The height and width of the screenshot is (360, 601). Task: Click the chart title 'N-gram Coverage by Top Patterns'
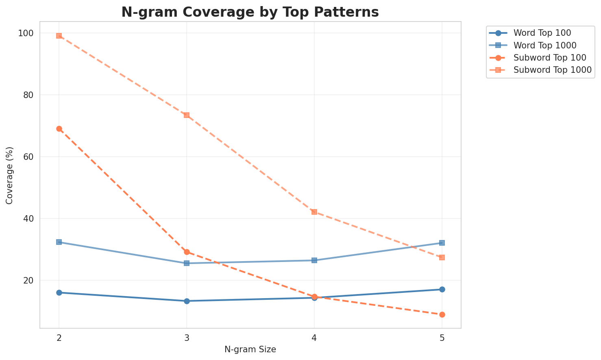[250, 12]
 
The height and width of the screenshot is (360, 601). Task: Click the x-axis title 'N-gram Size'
[250, 349]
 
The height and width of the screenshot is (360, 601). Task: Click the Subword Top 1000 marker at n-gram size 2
[59, 36]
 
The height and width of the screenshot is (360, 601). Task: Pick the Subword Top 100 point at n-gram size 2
[59, 129]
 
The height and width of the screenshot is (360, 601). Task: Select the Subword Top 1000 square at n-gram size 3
[187, 115]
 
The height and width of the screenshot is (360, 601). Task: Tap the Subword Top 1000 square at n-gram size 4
[314, 212]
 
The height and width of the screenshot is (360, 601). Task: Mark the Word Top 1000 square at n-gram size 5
[442, 243]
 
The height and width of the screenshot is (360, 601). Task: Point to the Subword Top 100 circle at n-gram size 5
[442, 314]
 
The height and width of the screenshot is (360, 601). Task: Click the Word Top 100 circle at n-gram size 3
[187, 301]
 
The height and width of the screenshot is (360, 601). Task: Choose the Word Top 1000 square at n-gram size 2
[59, 242]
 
